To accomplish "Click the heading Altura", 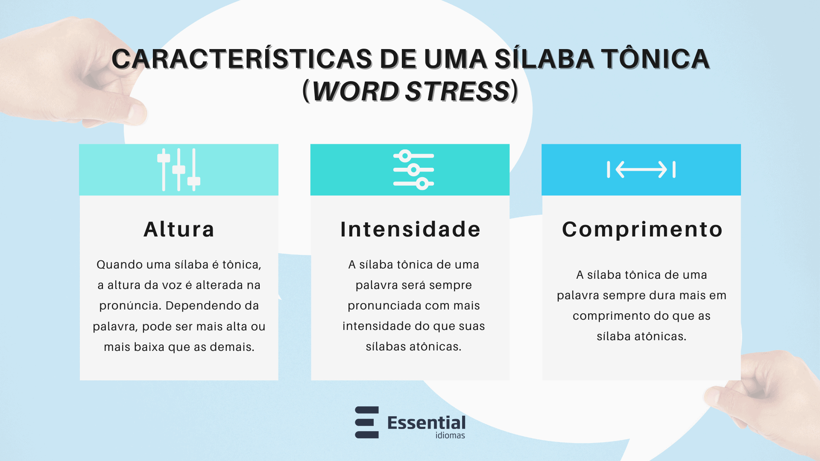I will [x=179, y=229].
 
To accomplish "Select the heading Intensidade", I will [x=410, y=229].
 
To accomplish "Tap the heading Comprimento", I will [x=642, y=229].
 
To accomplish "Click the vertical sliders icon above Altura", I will [x=179, y=169].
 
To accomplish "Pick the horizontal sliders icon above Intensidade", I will [x=413, y=169].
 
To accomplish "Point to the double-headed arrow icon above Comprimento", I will [x=641, y=169].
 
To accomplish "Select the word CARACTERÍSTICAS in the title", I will [x=242, y=59].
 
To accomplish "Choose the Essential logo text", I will [x=426, y=423].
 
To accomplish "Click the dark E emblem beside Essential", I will [x=367, y=422].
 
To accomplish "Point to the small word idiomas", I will [x=450, y=435].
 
